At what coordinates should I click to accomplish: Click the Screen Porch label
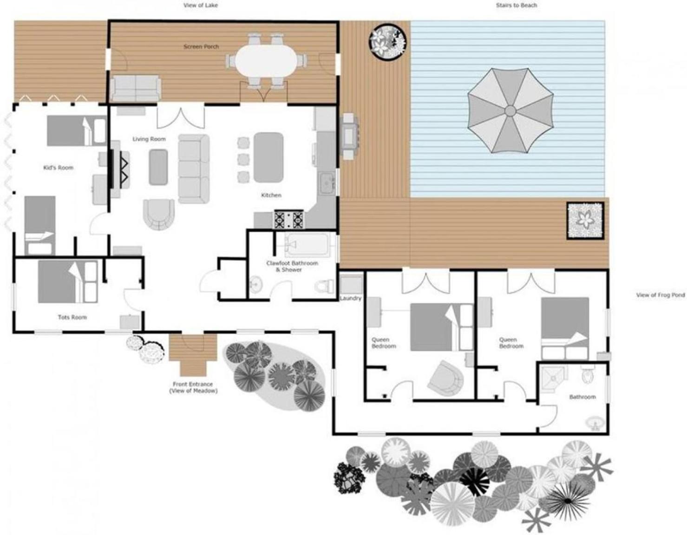[x=201, y=47]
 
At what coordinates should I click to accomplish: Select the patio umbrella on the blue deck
[x=510, y=111]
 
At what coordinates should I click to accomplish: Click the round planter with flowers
[x=387, y=42]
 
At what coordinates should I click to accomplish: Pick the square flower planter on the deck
[x=585, y=220]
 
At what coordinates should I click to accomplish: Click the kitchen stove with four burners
[x=289, y=219]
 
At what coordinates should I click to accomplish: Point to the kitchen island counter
[x=268, y=157]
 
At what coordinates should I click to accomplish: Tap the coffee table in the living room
[x=158, y=167]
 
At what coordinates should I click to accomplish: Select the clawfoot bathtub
[x=307, y=245]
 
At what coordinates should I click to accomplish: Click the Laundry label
[x=351, y=298]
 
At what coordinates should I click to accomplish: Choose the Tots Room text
[x=72, y=317]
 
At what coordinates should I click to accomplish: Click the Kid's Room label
[x=59, y=168]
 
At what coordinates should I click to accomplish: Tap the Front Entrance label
[x=193, y=384]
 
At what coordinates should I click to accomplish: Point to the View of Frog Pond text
[x=661, y=295]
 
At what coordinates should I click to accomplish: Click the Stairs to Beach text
[x=516, y=5]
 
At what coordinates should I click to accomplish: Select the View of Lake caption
[x=201, y=5]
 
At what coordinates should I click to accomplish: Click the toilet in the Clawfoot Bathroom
[x=324, y=286]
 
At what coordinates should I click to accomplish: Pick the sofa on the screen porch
[x=136, y=89]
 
